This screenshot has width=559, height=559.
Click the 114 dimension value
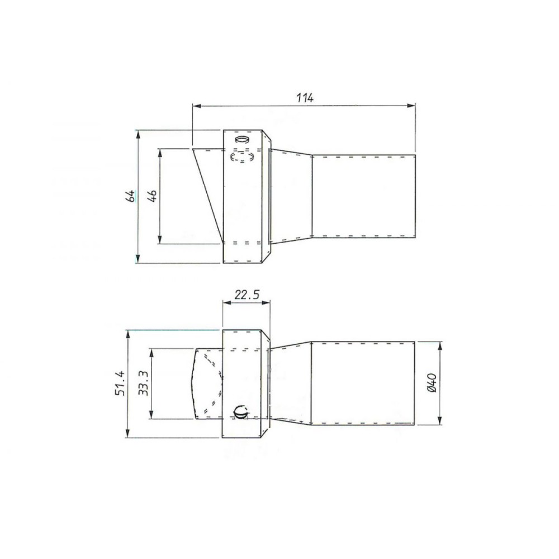pyautogui.click(x=305, y=97)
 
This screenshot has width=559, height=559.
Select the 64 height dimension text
pyautogui.click(x=130, y=196)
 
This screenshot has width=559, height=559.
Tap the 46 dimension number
pyautogui.click(x=153, y=196)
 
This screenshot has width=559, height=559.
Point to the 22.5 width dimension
pyautogui.click(x=247, y=295)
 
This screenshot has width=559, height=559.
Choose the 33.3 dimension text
pyautogui.click(x=143, y=384)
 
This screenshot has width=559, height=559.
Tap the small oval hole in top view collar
pyautogui.click(x=241, y=139)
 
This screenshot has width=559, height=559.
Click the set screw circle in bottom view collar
pyautogui.click(x=240, y=413)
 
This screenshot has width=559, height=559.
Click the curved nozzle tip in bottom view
pyautogui.click(x=207, y=383)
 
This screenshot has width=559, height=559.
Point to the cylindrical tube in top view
pyautogui.click(x=363, y=196)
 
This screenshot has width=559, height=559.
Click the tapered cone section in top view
pyautogui.click(x=291, y=196)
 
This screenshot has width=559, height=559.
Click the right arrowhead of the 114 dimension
pyautogui.click(x=413, y=105)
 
